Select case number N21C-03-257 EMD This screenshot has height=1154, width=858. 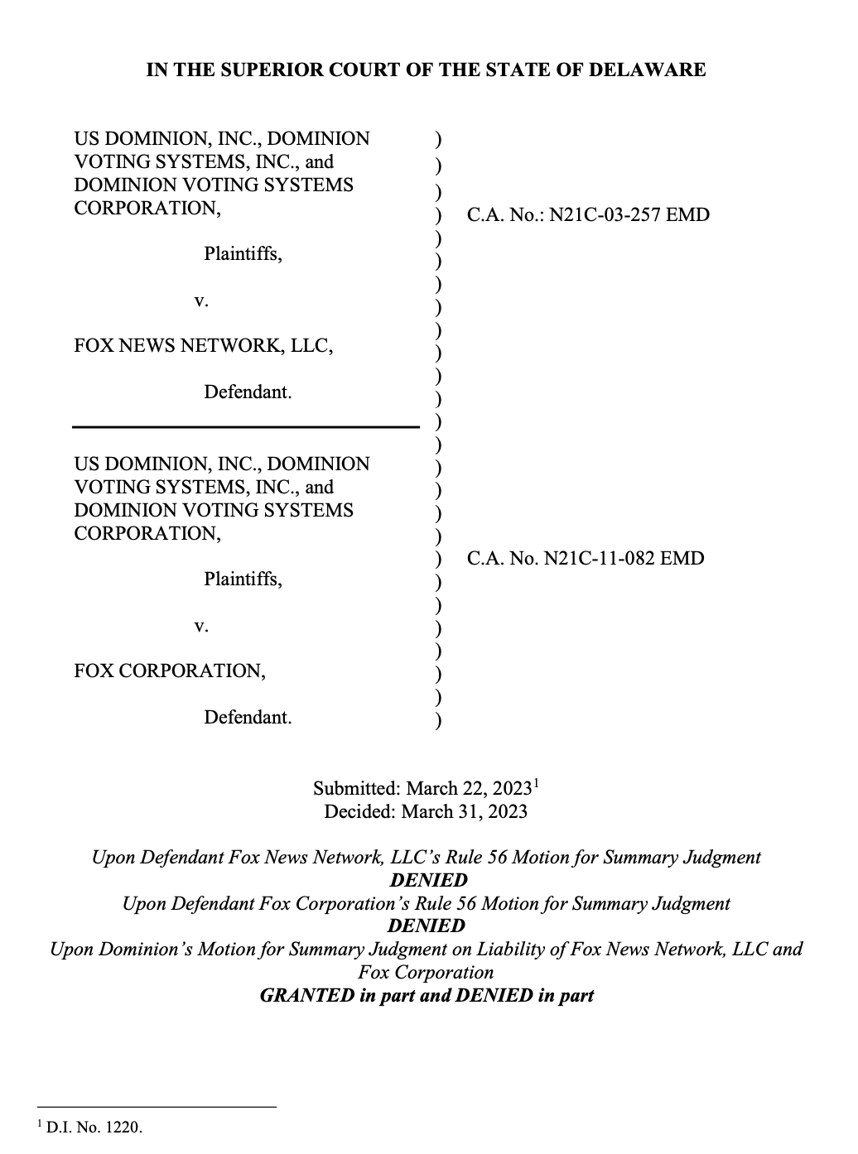coord(629,215)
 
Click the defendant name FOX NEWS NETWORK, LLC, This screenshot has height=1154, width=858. coord(204,345)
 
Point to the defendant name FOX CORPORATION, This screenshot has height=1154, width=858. coord(170,671)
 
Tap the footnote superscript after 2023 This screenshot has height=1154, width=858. coord(537,782)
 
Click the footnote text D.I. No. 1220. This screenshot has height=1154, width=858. coord(95,1127)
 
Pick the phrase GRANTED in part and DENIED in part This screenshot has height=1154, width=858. coord(427,995)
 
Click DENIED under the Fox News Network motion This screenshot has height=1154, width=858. coord(428,880)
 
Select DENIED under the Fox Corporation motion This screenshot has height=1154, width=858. coord(427,926)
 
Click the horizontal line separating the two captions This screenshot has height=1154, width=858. coord(246,427)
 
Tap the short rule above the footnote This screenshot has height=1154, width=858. coord(157,1107)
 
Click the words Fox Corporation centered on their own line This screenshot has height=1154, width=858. coord(426,972)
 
